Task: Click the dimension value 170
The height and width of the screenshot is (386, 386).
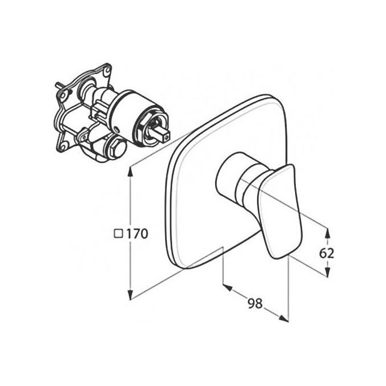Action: pyautogui.click(x=137, y=233)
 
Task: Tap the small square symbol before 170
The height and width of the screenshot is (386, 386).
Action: pyautogui.click(x=119, y=233)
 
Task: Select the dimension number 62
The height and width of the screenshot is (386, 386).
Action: pyautogui.click(x=326, y=253)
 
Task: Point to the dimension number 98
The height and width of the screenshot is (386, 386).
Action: pyautogui.click(x=255, y=303)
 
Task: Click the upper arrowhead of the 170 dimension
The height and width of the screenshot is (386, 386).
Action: pyautogui.click(x=131, y=171)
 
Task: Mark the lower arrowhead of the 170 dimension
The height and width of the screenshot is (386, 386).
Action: pyautogui.click(x=131, y=294)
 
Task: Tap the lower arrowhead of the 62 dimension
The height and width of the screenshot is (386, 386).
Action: pyautogui.click(x=327, y=272)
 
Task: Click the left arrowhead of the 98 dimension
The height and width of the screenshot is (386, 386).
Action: pyautogui.click(x=228, y=287)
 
